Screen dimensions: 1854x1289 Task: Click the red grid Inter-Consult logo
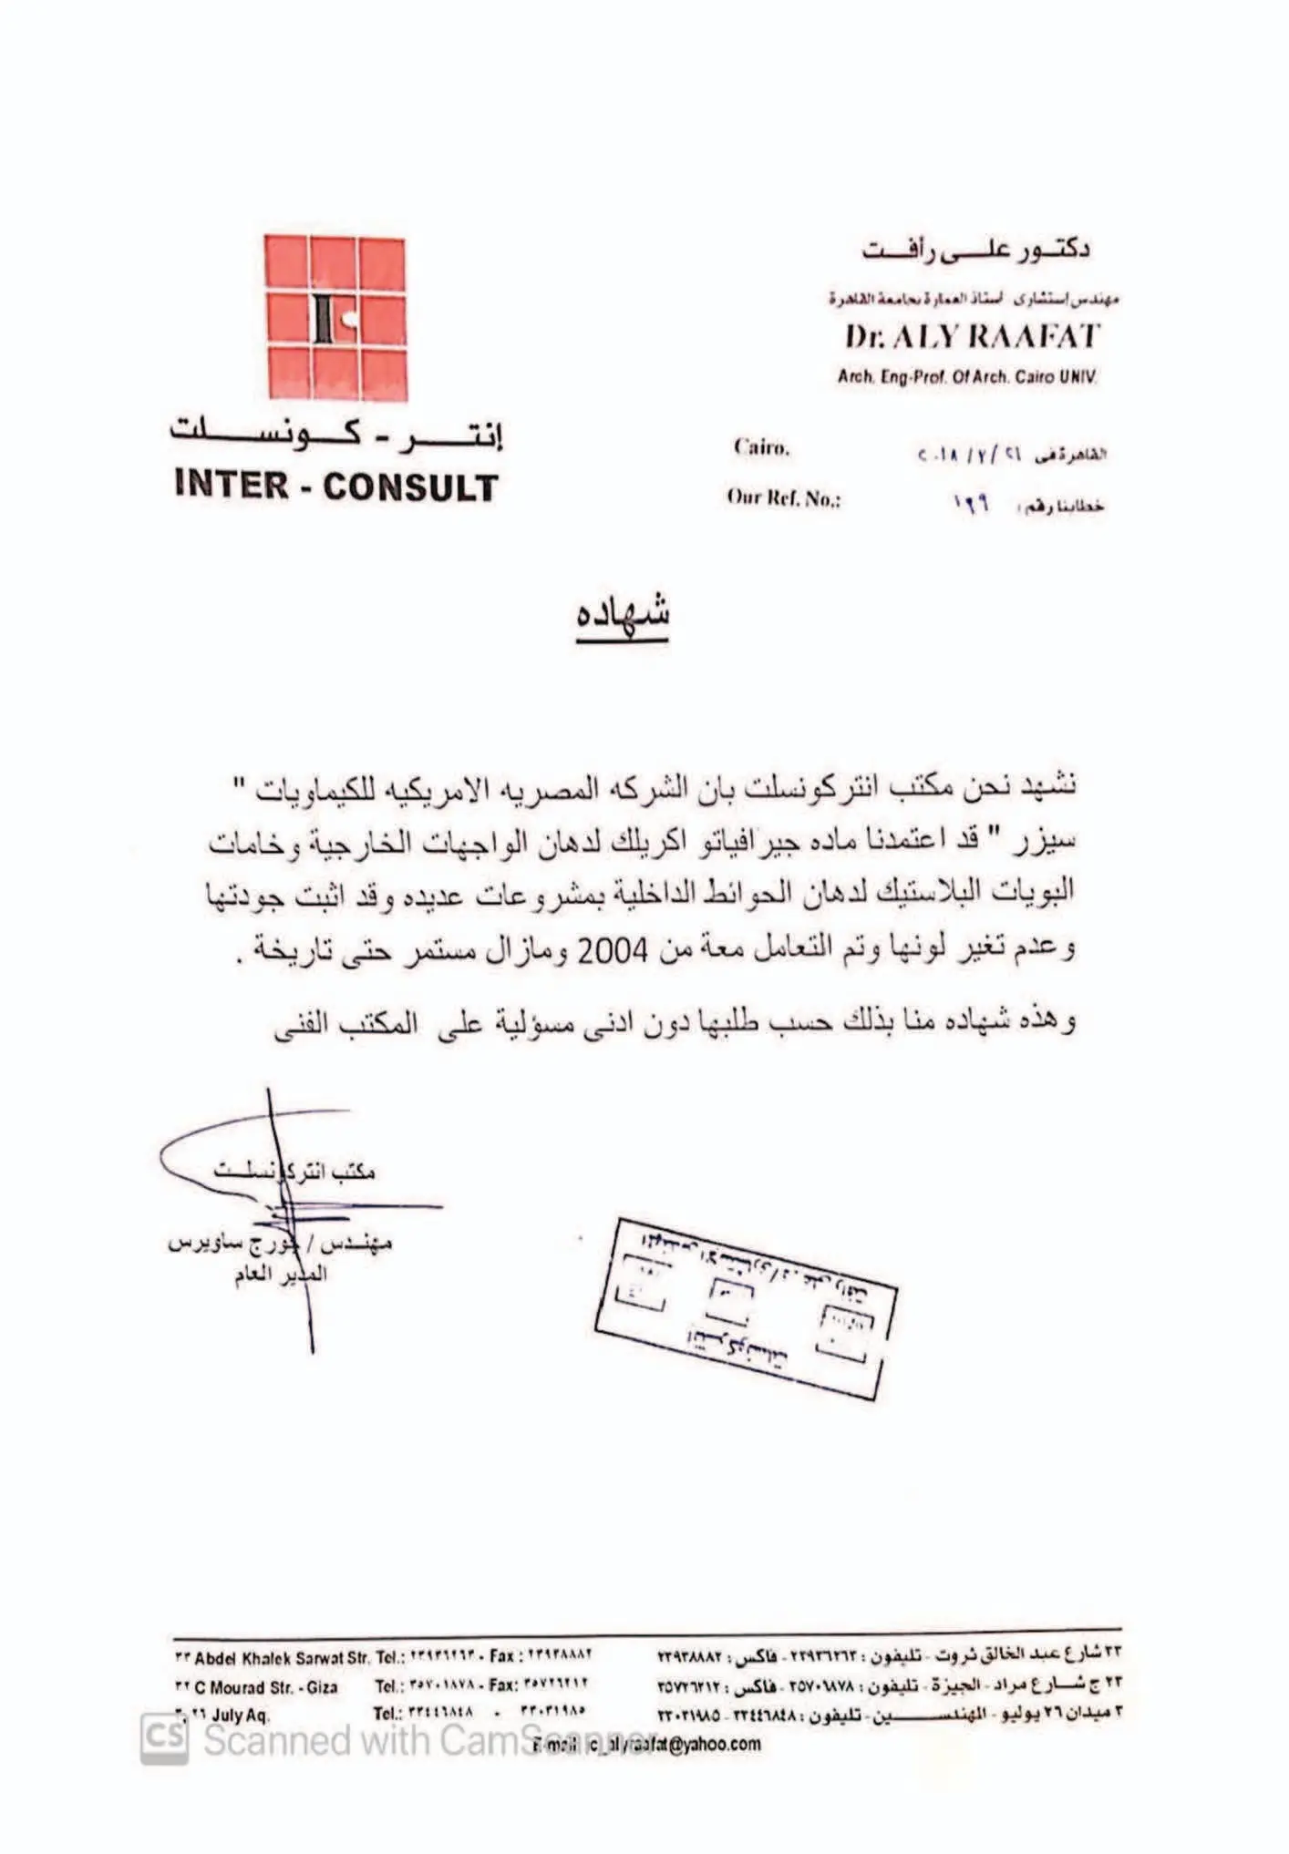(335, 317)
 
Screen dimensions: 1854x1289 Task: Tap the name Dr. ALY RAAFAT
(972, 337)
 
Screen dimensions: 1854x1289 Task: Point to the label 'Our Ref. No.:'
(783, 498)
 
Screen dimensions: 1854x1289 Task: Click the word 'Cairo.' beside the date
(761, 447)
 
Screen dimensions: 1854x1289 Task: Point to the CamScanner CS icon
(165, 1738)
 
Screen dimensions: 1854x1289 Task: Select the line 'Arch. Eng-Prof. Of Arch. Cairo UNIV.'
(967, 376)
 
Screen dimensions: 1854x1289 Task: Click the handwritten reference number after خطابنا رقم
(972, 503)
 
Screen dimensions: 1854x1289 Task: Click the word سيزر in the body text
(1046, 841)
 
